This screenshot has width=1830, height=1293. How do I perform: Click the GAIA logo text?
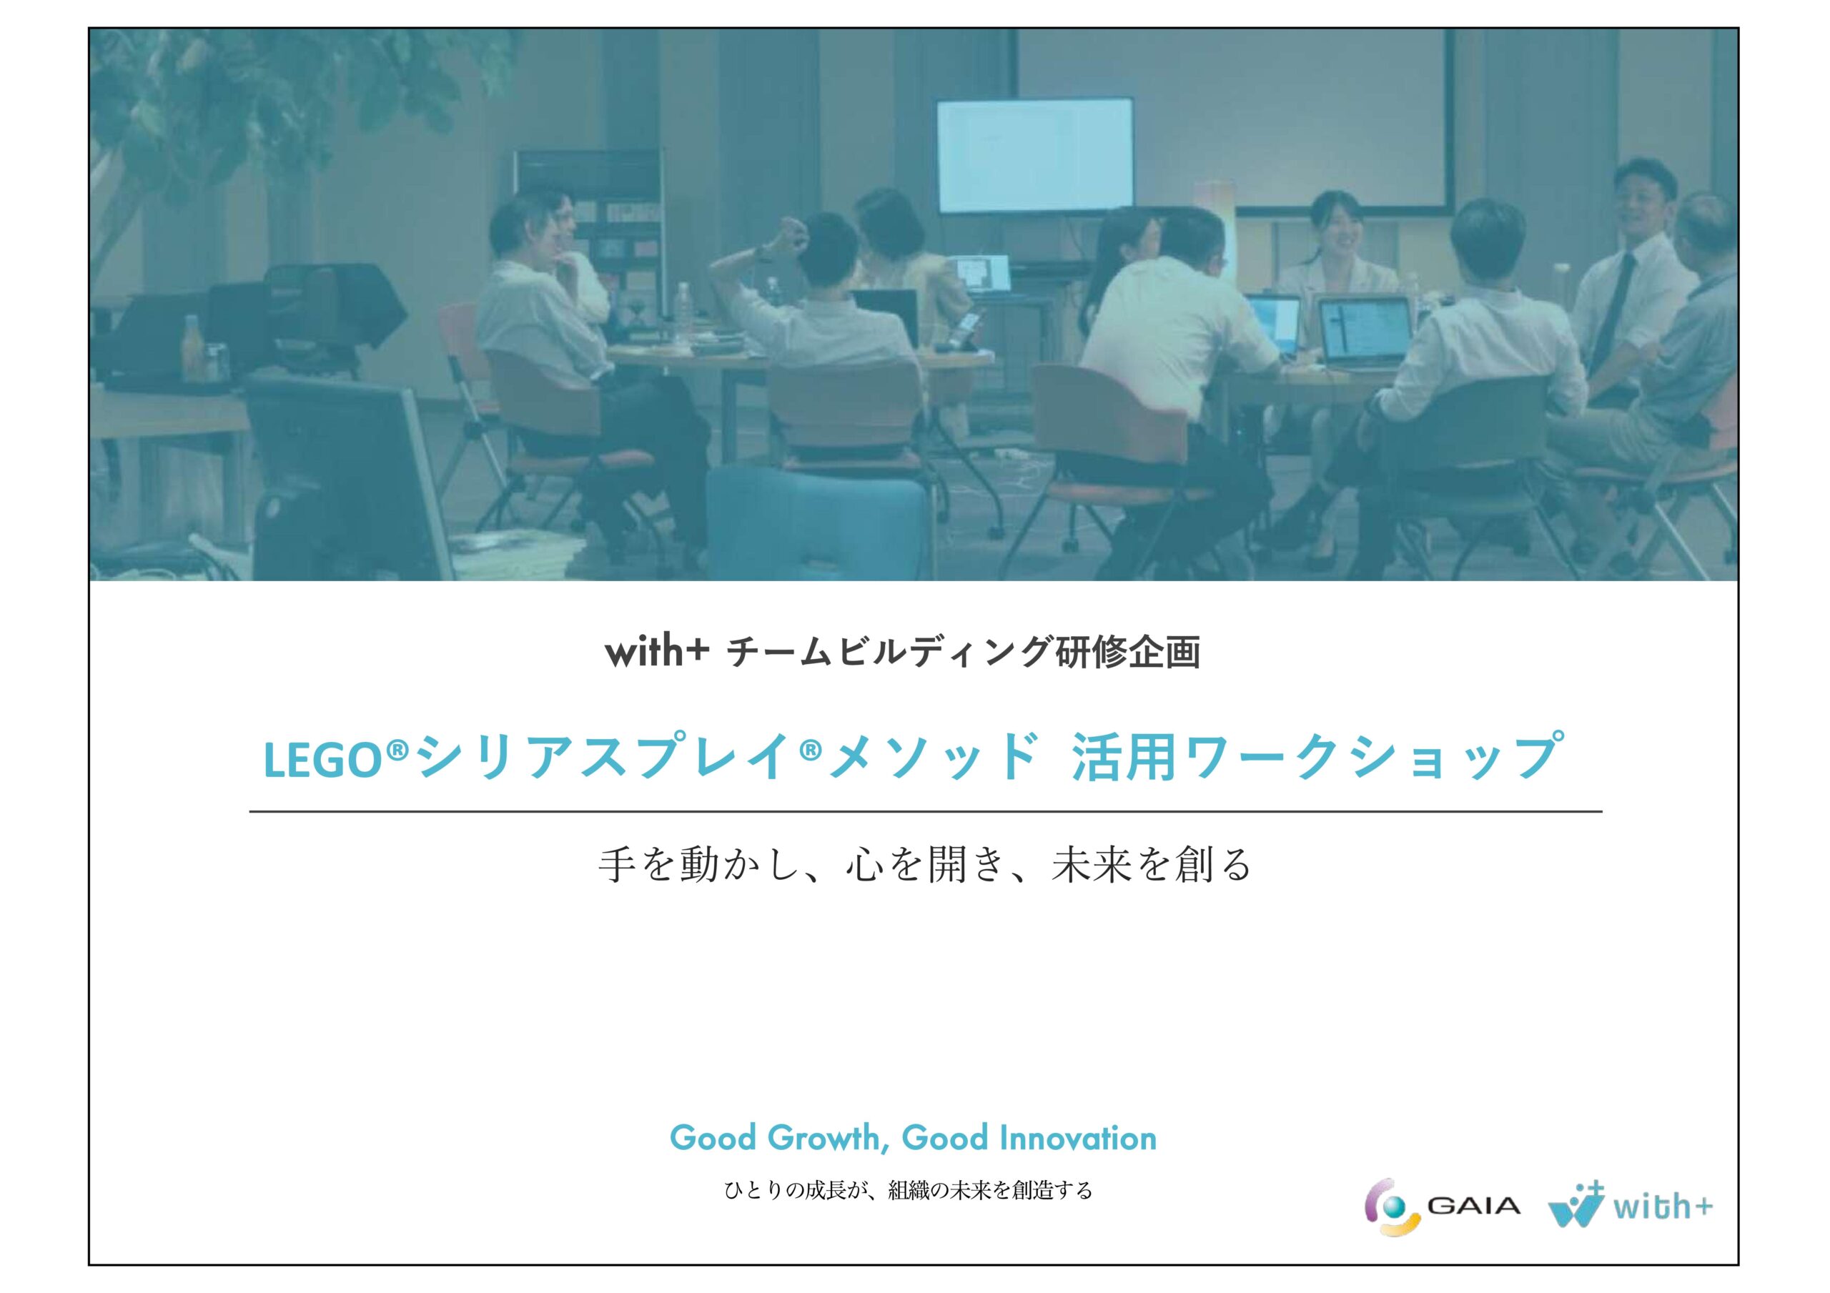1474,1206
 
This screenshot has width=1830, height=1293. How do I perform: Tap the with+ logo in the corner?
1630,1206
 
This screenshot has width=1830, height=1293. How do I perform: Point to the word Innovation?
1077,1139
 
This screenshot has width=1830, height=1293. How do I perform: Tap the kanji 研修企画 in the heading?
1127,652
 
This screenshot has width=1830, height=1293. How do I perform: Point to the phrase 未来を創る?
1152,865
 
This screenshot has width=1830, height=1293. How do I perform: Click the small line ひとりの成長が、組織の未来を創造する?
909,1191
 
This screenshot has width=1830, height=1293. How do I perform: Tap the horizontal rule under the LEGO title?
925,811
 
